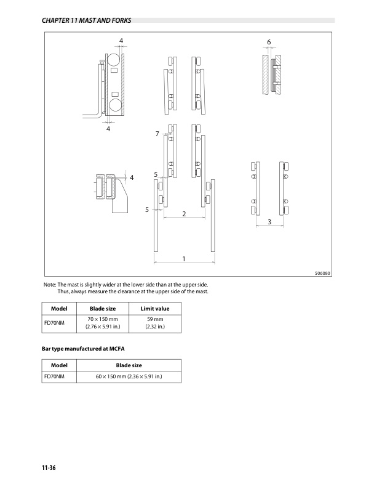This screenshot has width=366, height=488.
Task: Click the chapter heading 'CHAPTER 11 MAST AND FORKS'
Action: [86, 20]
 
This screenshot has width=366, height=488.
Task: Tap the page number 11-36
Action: [49, 468]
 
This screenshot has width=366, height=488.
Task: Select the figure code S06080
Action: [322, 273]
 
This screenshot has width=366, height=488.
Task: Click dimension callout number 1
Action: [184, 259]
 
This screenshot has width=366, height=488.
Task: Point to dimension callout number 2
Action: [184, 214]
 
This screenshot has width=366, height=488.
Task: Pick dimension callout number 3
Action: [269, 222]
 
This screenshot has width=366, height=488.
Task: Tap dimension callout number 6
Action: [269, 42]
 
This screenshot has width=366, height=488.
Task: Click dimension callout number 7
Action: [157, 134]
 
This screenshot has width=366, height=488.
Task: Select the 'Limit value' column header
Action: [155, 309]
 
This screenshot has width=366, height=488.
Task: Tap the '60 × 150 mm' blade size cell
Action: [129, 376]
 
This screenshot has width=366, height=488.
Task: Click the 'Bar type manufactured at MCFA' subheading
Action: [83, 349]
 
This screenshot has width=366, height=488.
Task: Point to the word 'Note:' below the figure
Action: [50, 285]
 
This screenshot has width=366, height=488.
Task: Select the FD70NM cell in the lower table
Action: [54, 376]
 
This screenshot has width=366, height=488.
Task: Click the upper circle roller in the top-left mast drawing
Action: [114, 59]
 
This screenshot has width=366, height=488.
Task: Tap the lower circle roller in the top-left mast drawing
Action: [114, 105]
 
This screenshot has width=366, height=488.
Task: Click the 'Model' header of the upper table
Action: [59, 309]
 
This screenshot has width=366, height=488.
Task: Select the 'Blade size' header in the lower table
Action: [129, 365]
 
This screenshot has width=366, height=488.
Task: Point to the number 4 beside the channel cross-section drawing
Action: [132, 177]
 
